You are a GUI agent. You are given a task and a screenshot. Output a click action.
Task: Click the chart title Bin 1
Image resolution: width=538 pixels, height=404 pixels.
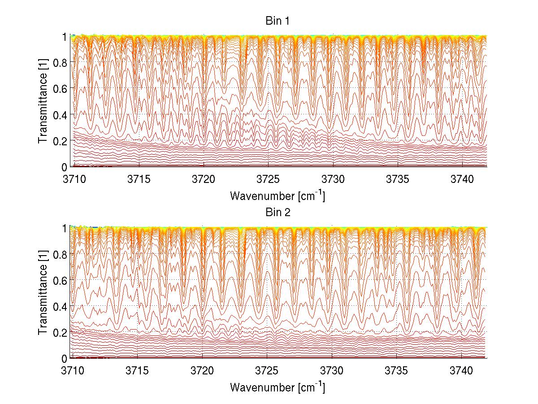278,21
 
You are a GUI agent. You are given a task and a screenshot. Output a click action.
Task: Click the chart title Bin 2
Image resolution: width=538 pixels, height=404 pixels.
278,212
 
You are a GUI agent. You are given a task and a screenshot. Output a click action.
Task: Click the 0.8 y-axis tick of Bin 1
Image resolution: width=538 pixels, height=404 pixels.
61,63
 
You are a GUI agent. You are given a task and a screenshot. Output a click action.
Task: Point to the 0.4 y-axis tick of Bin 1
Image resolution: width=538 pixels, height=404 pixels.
61,115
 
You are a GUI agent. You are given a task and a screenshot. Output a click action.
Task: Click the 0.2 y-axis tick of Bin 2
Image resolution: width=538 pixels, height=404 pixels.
61,332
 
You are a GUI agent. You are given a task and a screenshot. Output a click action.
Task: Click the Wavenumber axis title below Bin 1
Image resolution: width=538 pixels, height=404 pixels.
278,195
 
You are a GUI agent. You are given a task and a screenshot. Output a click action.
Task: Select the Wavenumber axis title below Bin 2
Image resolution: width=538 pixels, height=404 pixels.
278,387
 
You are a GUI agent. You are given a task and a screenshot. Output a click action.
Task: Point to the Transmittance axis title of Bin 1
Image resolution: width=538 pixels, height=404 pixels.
43,101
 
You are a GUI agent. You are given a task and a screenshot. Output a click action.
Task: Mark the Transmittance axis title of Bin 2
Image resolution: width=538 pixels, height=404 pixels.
43,292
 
